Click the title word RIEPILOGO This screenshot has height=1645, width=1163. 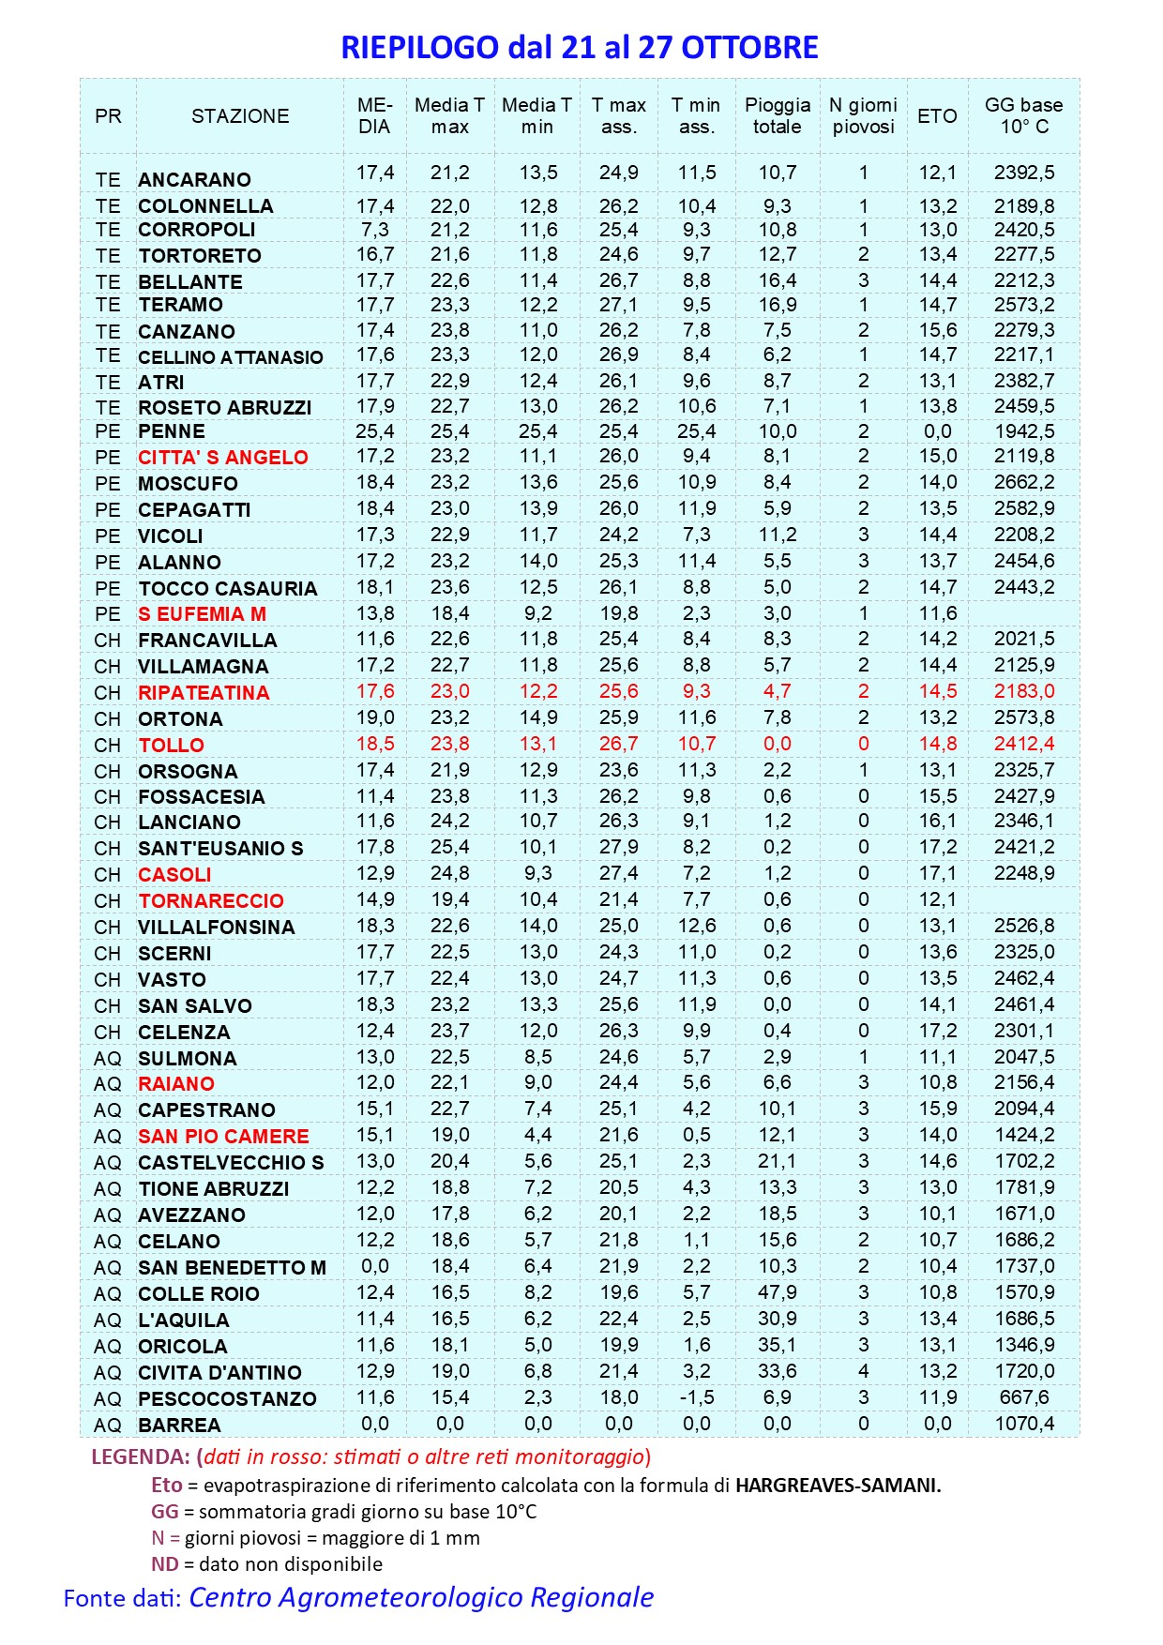pos(419,48)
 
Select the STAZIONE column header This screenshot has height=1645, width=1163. pos(240,116)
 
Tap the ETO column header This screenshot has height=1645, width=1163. pos(937,116)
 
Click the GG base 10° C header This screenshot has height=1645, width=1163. pos(1023,116)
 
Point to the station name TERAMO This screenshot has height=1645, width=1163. pos(180,305)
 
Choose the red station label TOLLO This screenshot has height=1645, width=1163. pos(171,746)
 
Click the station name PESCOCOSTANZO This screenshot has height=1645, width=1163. pos(227,1399)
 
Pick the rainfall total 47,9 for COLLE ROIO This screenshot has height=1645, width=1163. pos(777,1292)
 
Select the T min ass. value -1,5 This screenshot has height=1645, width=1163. pos(696,1397)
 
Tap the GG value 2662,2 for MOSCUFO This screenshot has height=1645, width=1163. pos(1023,482)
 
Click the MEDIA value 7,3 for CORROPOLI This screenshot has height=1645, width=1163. pos(374,230)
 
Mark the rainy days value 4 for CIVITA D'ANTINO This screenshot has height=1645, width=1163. pos(863,1371)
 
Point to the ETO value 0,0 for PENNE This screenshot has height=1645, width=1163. pos(937,431)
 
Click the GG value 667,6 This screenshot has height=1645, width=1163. pos(1023,1397)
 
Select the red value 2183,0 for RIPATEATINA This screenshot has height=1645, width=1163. pos(1023,691)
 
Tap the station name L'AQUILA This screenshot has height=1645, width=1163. pos(183,1321)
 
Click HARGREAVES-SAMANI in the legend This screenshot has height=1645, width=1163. pos(838,1486)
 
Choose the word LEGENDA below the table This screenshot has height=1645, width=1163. pos(140,1457)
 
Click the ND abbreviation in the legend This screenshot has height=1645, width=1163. pos(164,1564)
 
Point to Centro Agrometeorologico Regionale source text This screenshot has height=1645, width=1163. pos(421,1598)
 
